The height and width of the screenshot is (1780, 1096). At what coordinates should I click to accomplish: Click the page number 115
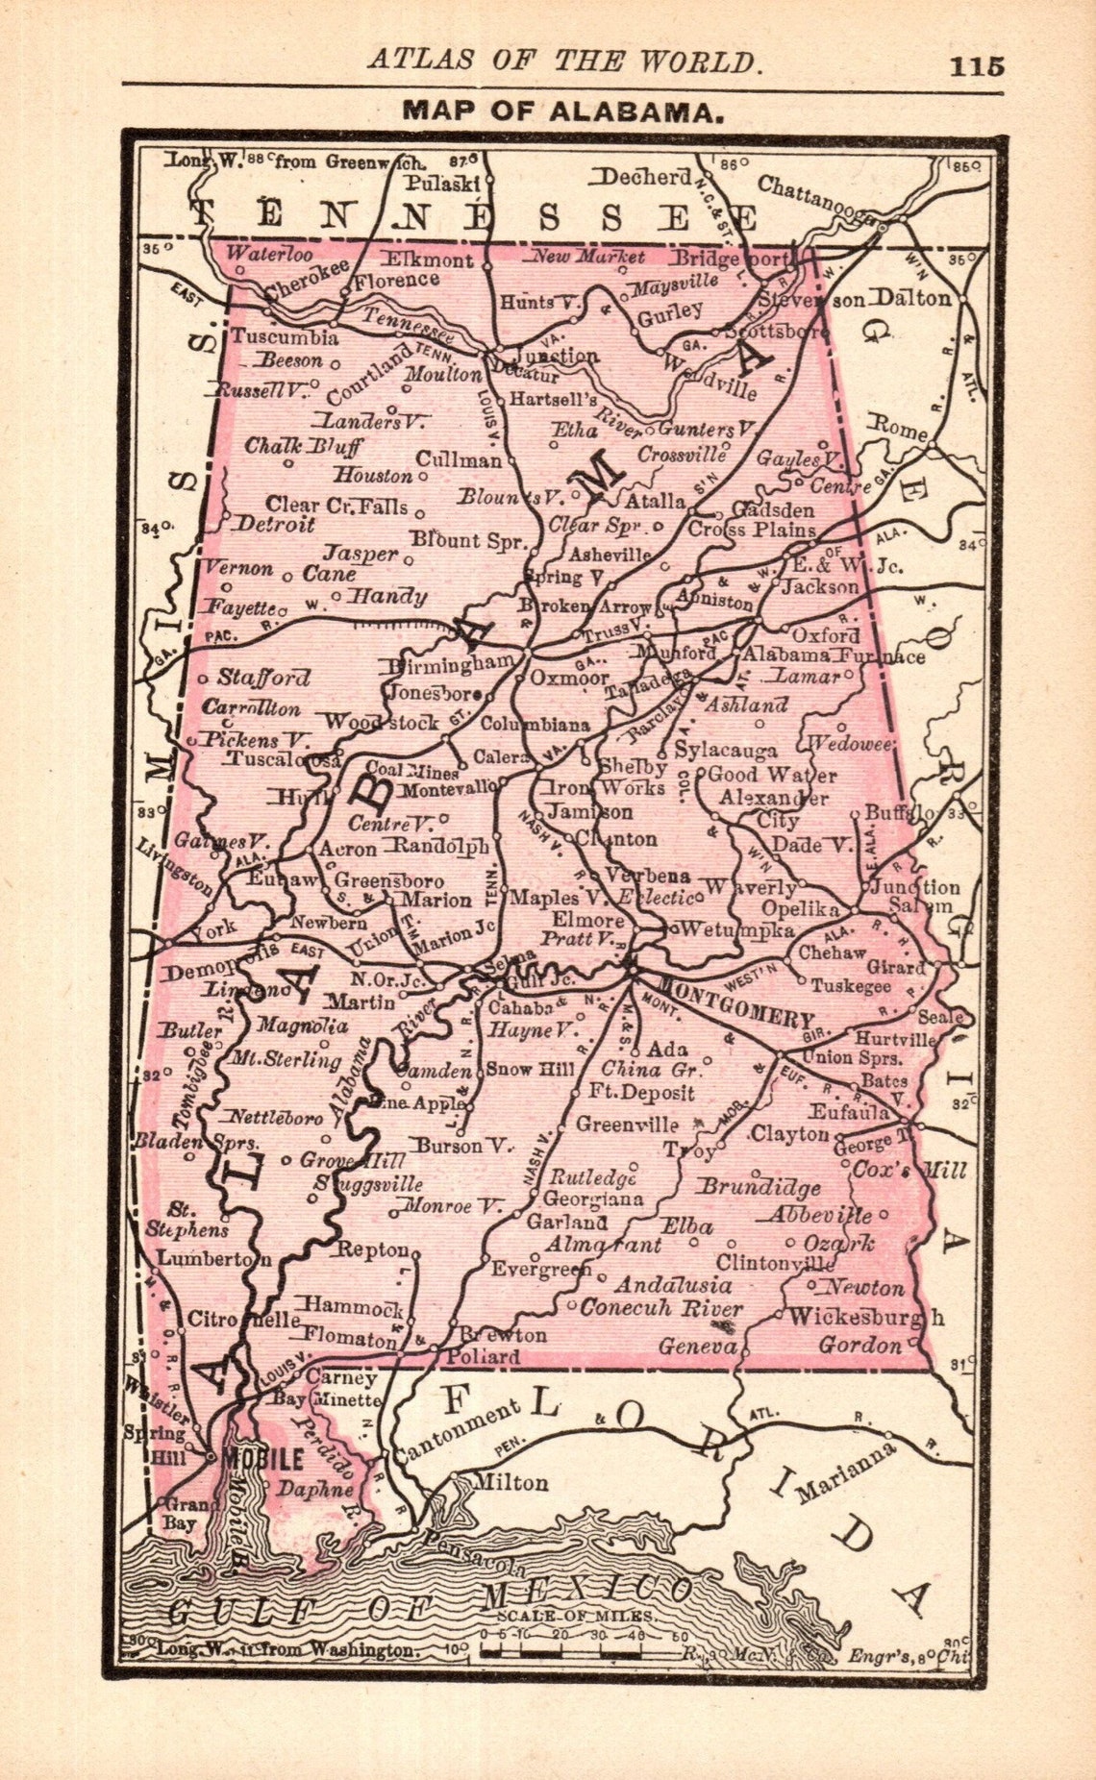pyautogui.click(x=977, y=66)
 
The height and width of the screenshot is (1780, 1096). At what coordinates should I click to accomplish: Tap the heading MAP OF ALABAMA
pyautogui.click(x=562, y=111)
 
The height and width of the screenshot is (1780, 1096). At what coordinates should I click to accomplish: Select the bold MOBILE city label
pyautogui.click(x=262, y=1459)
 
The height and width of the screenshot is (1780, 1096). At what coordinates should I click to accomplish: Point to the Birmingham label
pyautogui.click(x=450, y=663)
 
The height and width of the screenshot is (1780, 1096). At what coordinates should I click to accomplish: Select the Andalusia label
pyautogui.click(x=673, y=1285)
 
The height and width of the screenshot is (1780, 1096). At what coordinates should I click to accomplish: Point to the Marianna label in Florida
pyautogui.click(x=846, y=1471)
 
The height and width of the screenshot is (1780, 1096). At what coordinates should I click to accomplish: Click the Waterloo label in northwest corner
pyautogui.click(x=268, y=255)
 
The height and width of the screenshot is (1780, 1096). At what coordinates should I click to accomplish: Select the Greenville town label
pyautogui.click(x=627, y=1124)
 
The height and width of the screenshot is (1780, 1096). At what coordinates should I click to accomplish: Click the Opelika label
pyautogui.click(x=800, y=909)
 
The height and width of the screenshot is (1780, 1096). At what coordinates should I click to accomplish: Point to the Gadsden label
pyautogui.click(x=773, y=509)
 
